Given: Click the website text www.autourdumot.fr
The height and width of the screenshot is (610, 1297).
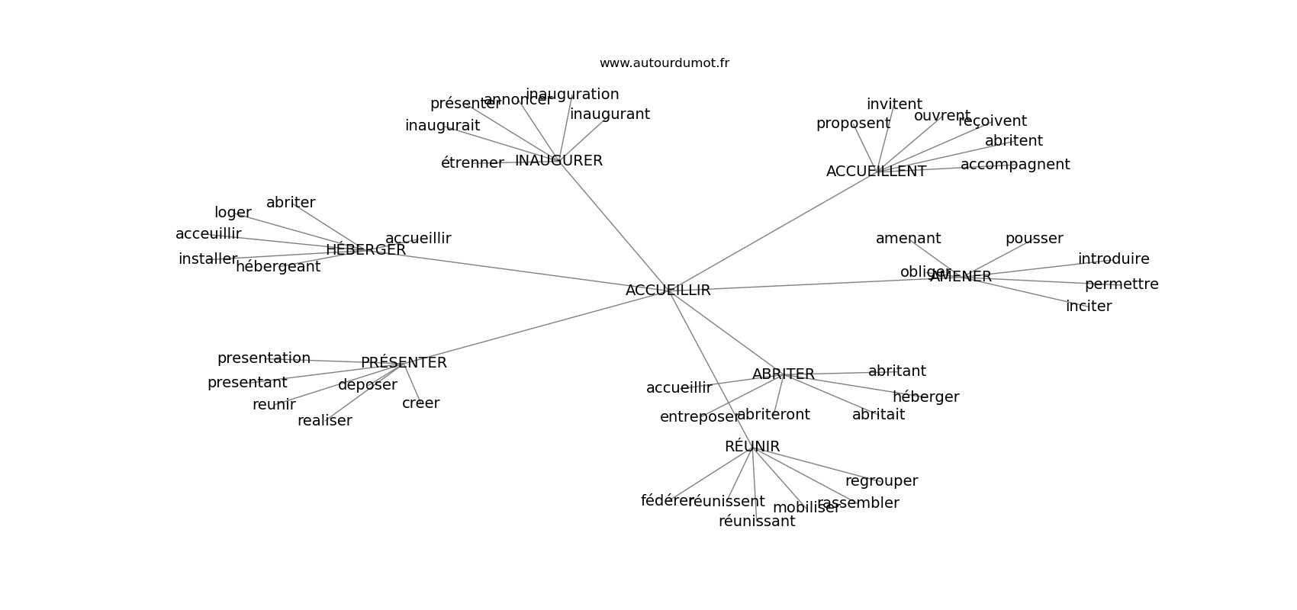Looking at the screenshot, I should click(664, 63).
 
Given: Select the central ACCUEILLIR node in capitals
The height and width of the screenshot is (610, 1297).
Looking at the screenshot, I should click(668, 291).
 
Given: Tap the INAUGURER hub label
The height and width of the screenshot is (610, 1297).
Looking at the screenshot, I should click(558, 161).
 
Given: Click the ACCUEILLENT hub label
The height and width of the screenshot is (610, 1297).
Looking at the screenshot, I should click(876, 172).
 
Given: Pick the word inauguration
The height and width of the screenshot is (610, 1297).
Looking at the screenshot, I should click(572, 95).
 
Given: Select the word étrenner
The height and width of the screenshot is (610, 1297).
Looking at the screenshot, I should click(472, 163).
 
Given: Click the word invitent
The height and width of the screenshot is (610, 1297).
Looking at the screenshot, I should click(894, 104).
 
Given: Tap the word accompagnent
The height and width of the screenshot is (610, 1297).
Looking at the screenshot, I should click(1015, 165).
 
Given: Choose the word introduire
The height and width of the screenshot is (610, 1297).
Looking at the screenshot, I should click(1113, 259).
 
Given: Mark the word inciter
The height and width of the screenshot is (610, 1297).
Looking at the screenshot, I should click(1089, 307).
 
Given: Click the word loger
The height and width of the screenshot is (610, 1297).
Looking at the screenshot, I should click(233, 213).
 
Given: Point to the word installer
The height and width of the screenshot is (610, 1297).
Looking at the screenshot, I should click(208, 259).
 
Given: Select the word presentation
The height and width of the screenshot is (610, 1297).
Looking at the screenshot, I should click(264, 358).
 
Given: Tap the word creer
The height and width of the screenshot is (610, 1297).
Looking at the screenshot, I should click(420, 403).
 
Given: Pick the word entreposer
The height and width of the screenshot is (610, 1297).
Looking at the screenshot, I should click(699, 417).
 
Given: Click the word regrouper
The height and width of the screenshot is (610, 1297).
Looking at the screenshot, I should click(881, 481).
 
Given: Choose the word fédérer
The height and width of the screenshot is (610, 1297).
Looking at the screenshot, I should click(666, 501).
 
